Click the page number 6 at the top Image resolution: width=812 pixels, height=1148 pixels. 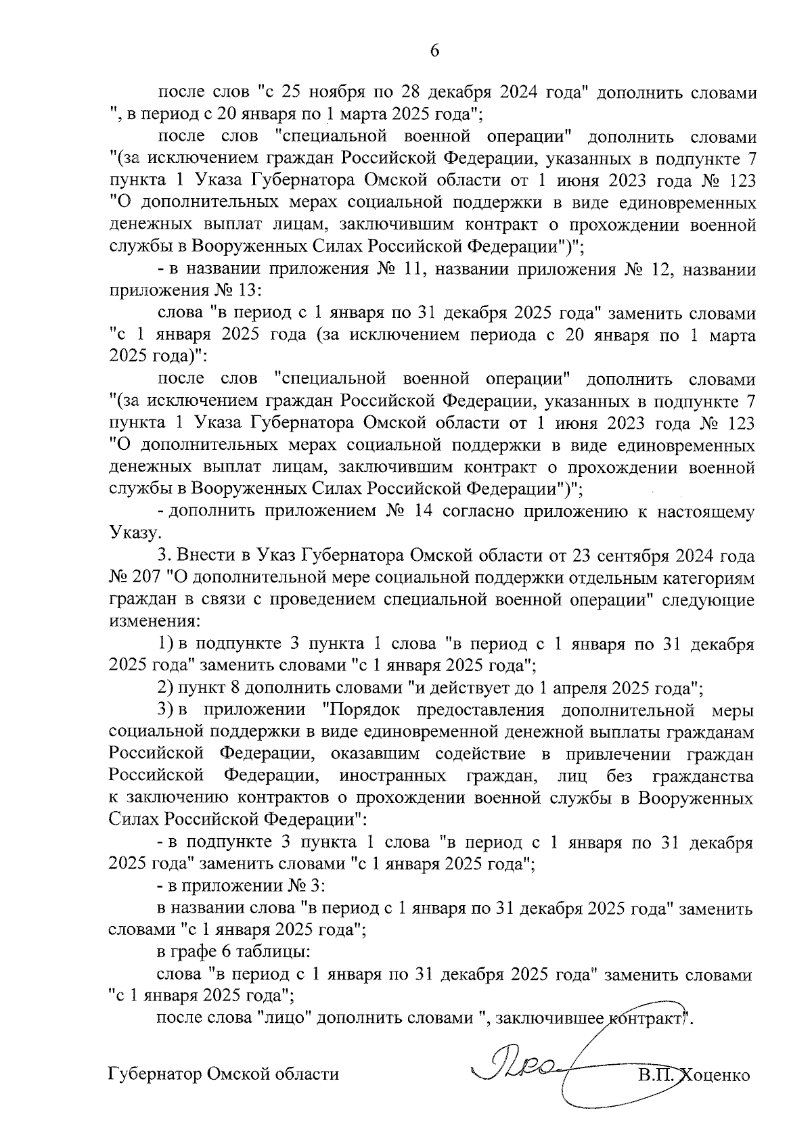(x=434, y=51)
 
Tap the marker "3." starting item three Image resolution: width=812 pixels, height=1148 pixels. (x=166, y=555)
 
